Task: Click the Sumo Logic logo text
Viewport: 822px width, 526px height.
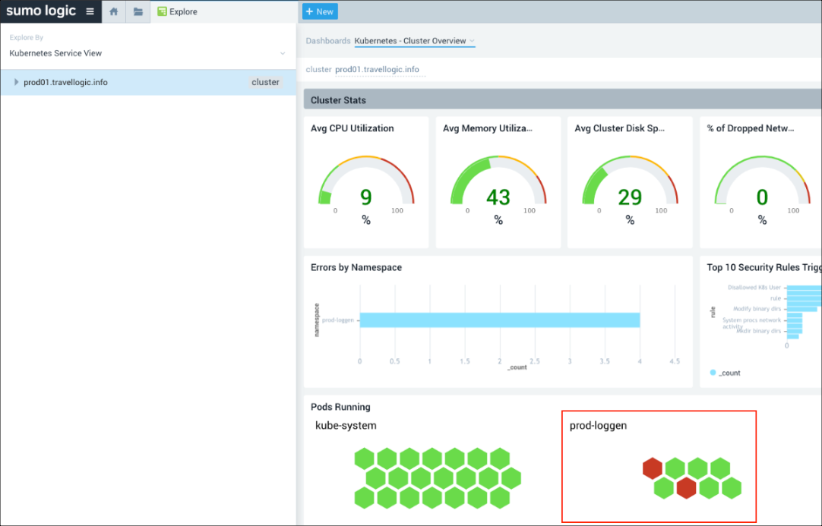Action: pyautogui.click(x=41, y=11)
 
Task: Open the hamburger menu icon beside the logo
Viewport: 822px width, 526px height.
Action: pyautogui.click(x=90, y=11)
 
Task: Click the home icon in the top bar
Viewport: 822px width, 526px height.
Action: pyautogui.click(x=114, y=12)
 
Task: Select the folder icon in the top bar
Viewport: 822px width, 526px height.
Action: pyautogui.click(x=138, y=12)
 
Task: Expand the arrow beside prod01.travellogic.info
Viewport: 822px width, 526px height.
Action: pyautogui.click(x=17, y=82)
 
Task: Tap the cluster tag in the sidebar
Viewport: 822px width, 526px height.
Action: pyautogui.click(x=265, y=82)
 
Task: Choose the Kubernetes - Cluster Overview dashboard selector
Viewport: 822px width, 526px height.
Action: pyautogui.click(x=414, y=41)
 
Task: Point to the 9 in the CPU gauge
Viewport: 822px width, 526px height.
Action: pyautogui.click(x=366, y=197)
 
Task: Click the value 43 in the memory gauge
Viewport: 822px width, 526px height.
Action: pyautogui.click(x=498, y=197)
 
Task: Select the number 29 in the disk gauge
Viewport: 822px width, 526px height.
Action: pyautogui.click(x=630, y=197)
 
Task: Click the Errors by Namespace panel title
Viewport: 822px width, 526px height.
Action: pyautogui.click(x=356, y=267)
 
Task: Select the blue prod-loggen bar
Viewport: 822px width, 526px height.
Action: pyautogui.click(x=499, y=320)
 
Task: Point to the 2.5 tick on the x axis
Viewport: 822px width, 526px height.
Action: pyautogui.click(x=535, y=361)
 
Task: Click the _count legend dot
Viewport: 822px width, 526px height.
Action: pyautogui.click(x=713, y=373)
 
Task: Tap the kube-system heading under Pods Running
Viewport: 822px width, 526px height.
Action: pyautogui.click(x=346, y=426)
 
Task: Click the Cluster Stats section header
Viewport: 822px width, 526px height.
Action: pyautogui.click(x=338, y=100)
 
